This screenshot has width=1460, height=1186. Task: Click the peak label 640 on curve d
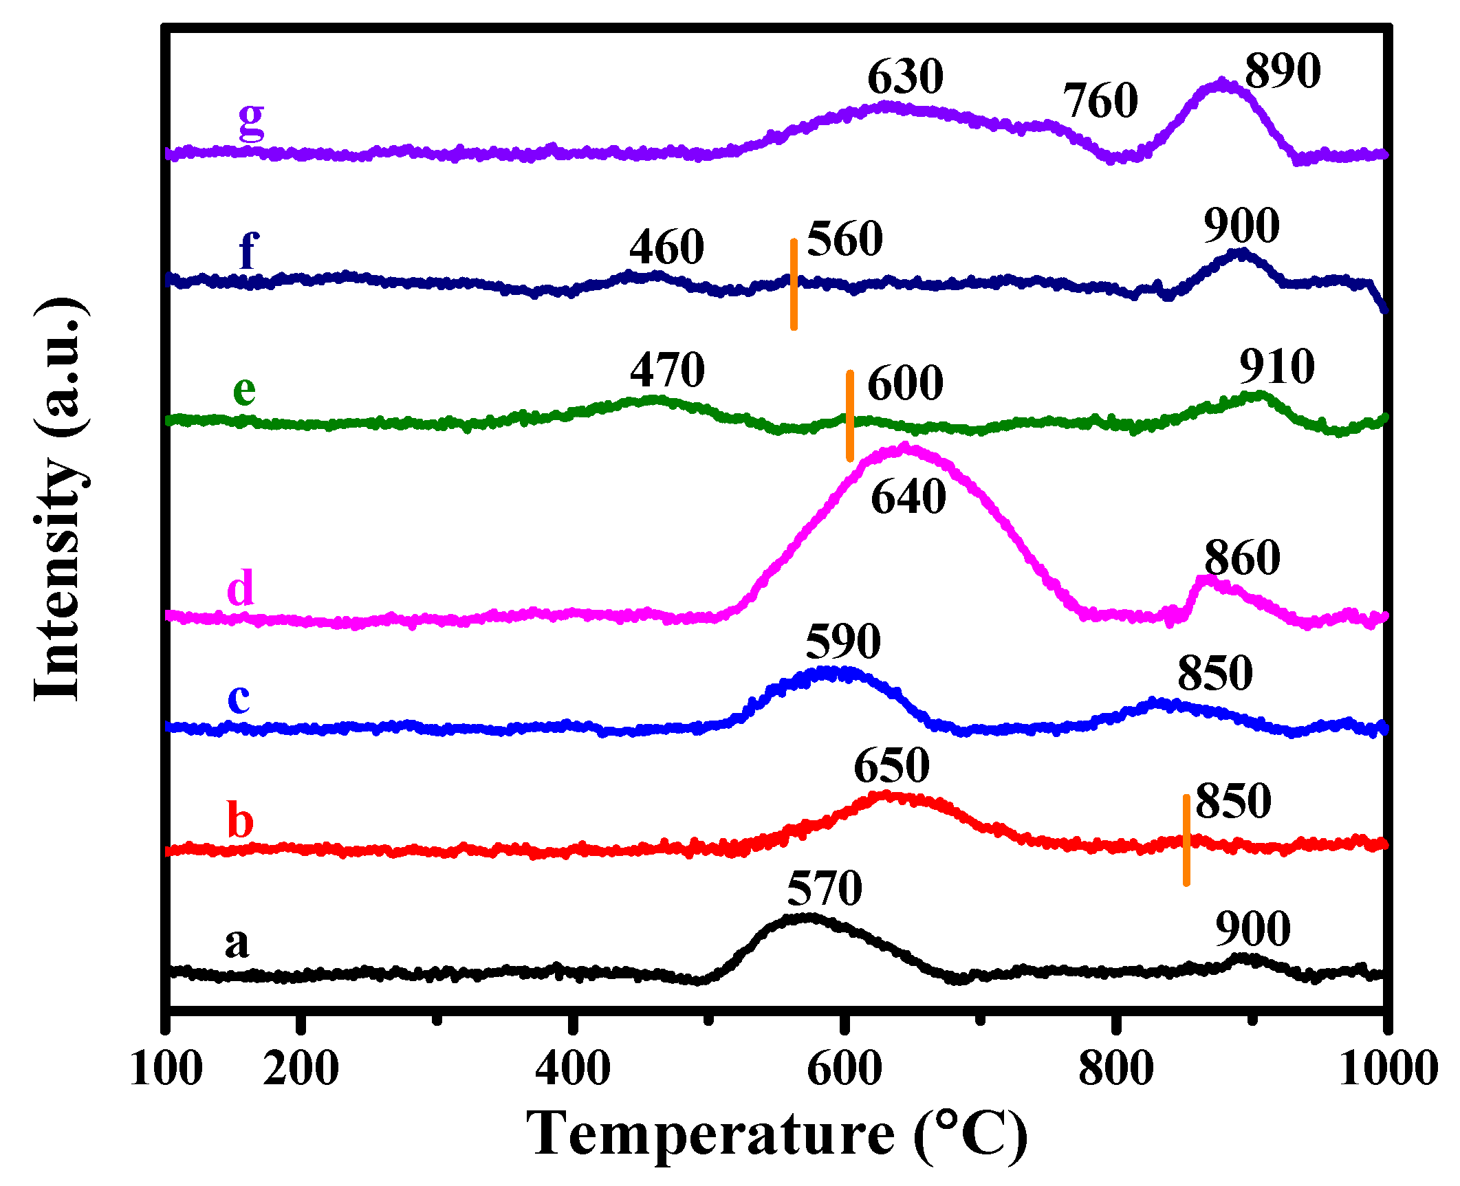click(908, 497)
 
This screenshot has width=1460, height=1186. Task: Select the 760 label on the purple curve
click(1100, 101)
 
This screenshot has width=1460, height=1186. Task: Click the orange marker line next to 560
click(794, 285)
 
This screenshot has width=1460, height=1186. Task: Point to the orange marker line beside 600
click(850, 416)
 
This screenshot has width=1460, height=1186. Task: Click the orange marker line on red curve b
click(1186, 840)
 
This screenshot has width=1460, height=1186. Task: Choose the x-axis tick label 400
click(573, 1068)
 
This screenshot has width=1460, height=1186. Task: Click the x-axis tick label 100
click(166, 1068)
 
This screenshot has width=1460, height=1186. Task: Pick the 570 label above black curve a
click(824, 889)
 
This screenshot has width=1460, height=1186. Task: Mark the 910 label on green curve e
click(1277, 367)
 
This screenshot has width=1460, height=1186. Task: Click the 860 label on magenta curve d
click(1242, 558)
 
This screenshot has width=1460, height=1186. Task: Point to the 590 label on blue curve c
click(842, 641)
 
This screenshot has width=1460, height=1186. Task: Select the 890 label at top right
click(1283, 71)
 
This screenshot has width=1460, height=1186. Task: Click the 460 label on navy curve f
click(666, 248)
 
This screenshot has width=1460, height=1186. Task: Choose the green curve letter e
click(244, 390)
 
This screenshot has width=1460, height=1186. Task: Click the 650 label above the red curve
click(891, 765)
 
